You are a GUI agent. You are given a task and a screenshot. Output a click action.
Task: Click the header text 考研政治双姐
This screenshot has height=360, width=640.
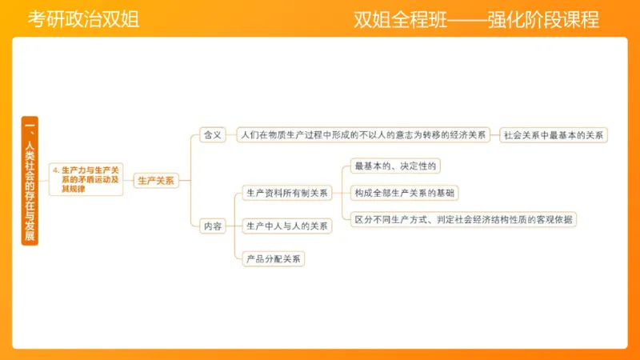(83, 20)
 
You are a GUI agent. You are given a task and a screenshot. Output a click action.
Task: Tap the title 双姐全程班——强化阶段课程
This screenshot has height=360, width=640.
(476, 20)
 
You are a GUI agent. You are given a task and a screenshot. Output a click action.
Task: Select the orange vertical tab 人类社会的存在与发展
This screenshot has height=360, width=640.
(29, 181)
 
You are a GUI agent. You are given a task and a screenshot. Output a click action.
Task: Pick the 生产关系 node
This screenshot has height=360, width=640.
(155, 181)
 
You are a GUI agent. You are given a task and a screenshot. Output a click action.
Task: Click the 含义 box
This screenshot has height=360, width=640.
(213, 135)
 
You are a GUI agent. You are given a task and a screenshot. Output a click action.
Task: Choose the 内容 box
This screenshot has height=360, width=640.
(213, 226)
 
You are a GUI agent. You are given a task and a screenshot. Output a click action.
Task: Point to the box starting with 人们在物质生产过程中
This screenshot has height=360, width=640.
(363, 135)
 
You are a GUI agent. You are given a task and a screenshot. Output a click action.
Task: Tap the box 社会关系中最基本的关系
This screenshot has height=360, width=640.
(554, 135)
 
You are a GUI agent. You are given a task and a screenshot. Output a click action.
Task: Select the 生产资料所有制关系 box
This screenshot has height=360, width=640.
(287, 193)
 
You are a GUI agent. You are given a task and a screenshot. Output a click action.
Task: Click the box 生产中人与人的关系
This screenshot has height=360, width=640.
(287, 226)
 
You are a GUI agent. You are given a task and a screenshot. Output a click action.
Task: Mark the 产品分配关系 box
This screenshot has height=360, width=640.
(274, 258)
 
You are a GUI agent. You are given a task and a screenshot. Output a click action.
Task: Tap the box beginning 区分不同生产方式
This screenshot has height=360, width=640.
(463, 219)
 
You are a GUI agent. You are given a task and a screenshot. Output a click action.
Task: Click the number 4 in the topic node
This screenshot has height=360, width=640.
(54, 170)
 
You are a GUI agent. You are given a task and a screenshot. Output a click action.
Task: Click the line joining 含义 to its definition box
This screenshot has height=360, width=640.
(232, 135)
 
